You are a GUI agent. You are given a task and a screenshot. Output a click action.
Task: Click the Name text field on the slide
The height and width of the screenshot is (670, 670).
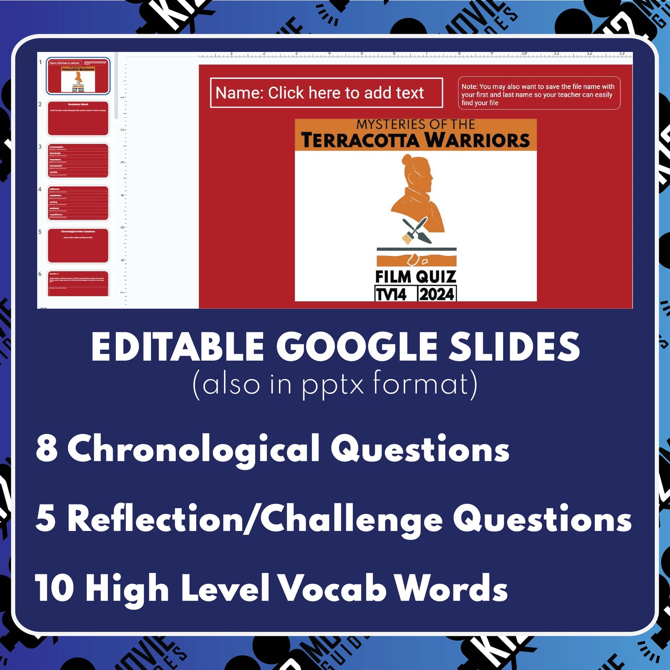pyautogui.click(x=326, y=93)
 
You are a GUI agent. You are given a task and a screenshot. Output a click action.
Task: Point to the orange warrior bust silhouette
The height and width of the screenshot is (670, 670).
pyautogui.click(x=417, y=195)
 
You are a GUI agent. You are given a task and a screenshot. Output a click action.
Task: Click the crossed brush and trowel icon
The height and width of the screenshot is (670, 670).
pyautogui.click(x=416, y=230)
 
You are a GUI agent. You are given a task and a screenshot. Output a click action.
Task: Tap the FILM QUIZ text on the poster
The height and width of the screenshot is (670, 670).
pyautogui.click(x=415, y=277)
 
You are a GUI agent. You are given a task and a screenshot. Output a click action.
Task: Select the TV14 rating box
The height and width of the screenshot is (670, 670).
pyautogui.click(x=391, y=294)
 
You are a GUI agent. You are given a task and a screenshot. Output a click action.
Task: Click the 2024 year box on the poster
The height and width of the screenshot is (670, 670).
pyautogui.click(x=437, y=294)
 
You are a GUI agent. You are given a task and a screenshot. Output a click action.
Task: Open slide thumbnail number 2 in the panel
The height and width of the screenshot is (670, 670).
pyautogui.click(x=78, y=118)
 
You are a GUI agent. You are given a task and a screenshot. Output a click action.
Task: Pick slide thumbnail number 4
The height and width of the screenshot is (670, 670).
pyautogui.click(x=78, y=203)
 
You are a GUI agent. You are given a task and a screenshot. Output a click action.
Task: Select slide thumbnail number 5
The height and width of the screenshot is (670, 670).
pyautogui.click(x=78, y=245)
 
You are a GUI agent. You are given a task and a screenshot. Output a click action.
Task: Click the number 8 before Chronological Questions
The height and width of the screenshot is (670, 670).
pyautogui.click(x=46, y=449)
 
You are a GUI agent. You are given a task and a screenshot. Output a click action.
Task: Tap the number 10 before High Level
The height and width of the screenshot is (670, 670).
pyautogui.click(x=54, y=588)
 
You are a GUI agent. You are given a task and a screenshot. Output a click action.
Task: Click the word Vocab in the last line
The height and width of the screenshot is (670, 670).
pyautogui.click(x=332, y=588)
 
